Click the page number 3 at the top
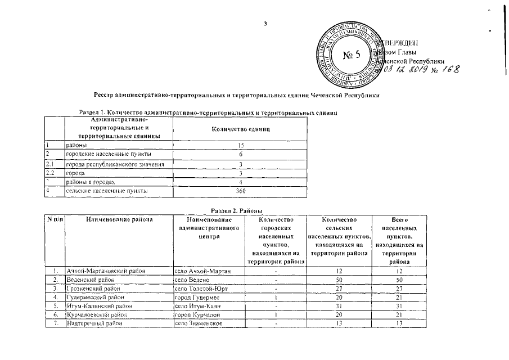tap(265, 24)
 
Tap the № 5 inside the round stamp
tap(353, 55)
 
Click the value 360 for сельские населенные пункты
tap(240, 191)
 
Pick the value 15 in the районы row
tap(240, 145)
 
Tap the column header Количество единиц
tap(240, 129)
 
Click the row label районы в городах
tap(90, 182)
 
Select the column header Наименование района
tap(119, 219)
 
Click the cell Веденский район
tap(90, 280)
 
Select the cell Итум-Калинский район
tap(99, 305)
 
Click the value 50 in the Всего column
tap(399, 280)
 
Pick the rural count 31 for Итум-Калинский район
tap(337, 305)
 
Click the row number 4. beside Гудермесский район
tap(55, 296)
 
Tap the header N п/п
tap(55, 219)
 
